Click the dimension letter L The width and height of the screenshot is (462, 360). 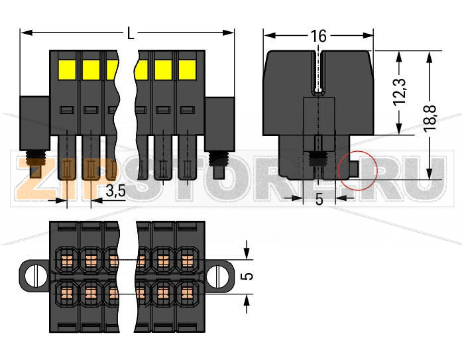coord(128,32)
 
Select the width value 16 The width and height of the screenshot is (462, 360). coord(319,36)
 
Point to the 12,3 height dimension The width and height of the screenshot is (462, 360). coord(399,92)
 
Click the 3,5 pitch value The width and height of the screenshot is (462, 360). coord(115,192)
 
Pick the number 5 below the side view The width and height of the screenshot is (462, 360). coord(319,199)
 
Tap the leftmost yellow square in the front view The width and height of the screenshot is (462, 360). coord(67,69)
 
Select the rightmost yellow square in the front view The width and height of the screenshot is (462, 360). coord(186,69)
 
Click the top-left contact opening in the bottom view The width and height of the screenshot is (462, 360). coord(67,256)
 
